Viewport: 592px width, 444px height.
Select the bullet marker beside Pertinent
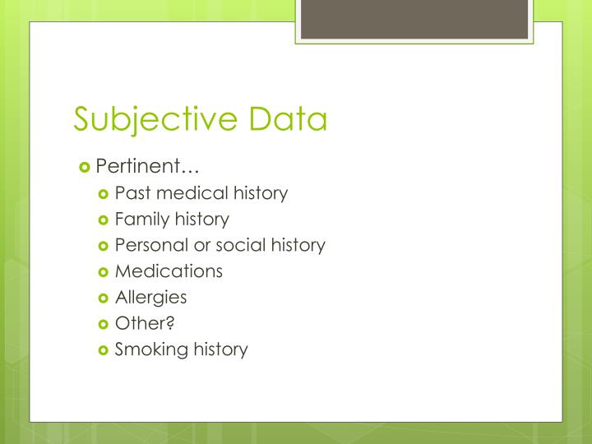85,167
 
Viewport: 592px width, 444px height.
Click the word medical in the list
188,193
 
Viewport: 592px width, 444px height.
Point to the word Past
131,193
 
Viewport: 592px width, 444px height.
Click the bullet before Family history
104,220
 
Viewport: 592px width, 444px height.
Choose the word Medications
169,271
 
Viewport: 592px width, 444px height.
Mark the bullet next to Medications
104,271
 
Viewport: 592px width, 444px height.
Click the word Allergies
150,297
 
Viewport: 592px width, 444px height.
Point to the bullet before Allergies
104,298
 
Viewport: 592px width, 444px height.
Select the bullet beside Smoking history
104,349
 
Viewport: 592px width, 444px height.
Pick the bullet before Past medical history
104,194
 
